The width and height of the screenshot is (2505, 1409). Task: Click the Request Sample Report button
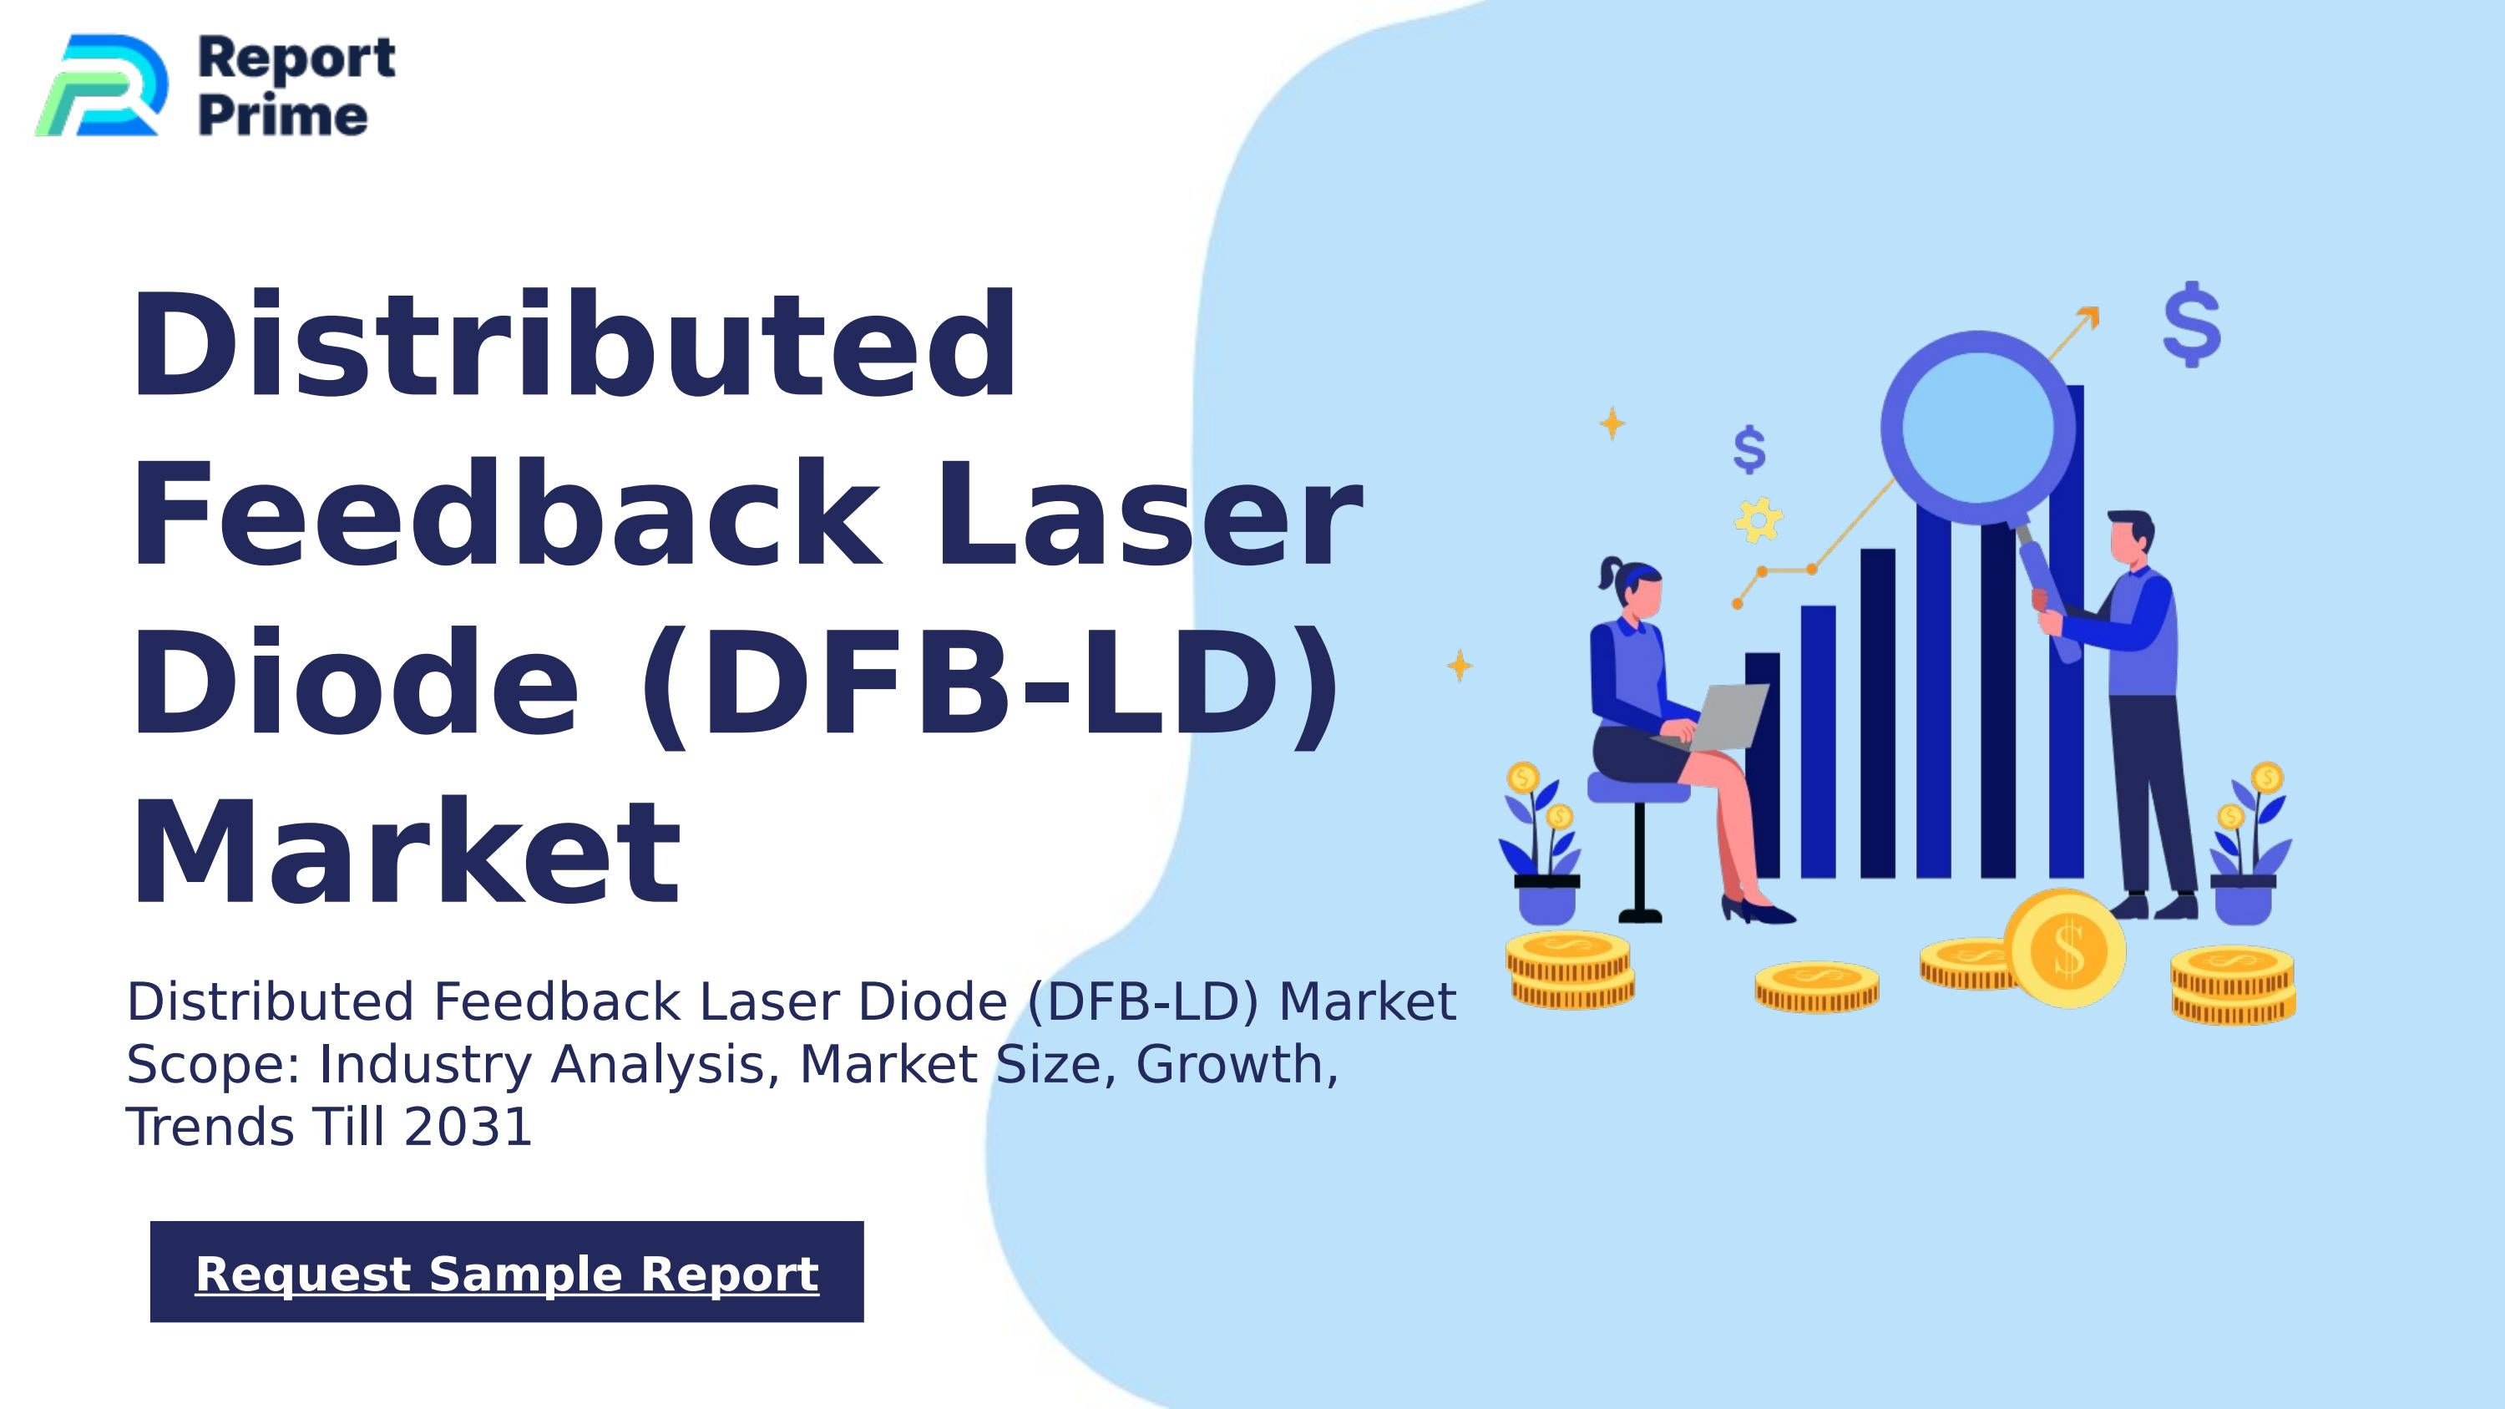click(507, 1272)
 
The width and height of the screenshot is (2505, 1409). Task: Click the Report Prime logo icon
click(101, 85)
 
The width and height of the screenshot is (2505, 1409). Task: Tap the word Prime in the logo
click(283, 116)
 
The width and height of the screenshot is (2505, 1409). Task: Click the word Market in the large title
click(407, 853)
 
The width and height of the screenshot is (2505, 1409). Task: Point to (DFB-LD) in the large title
click(988, 683)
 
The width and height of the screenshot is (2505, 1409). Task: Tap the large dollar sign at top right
click(2192, 324)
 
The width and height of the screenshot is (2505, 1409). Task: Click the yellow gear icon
click(1759, 520)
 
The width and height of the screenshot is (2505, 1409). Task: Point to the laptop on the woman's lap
click(1721, 716)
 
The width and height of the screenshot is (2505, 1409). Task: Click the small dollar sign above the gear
click(1749, 449)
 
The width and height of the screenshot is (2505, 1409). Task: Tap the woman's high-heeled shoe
click(1756, 911)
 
